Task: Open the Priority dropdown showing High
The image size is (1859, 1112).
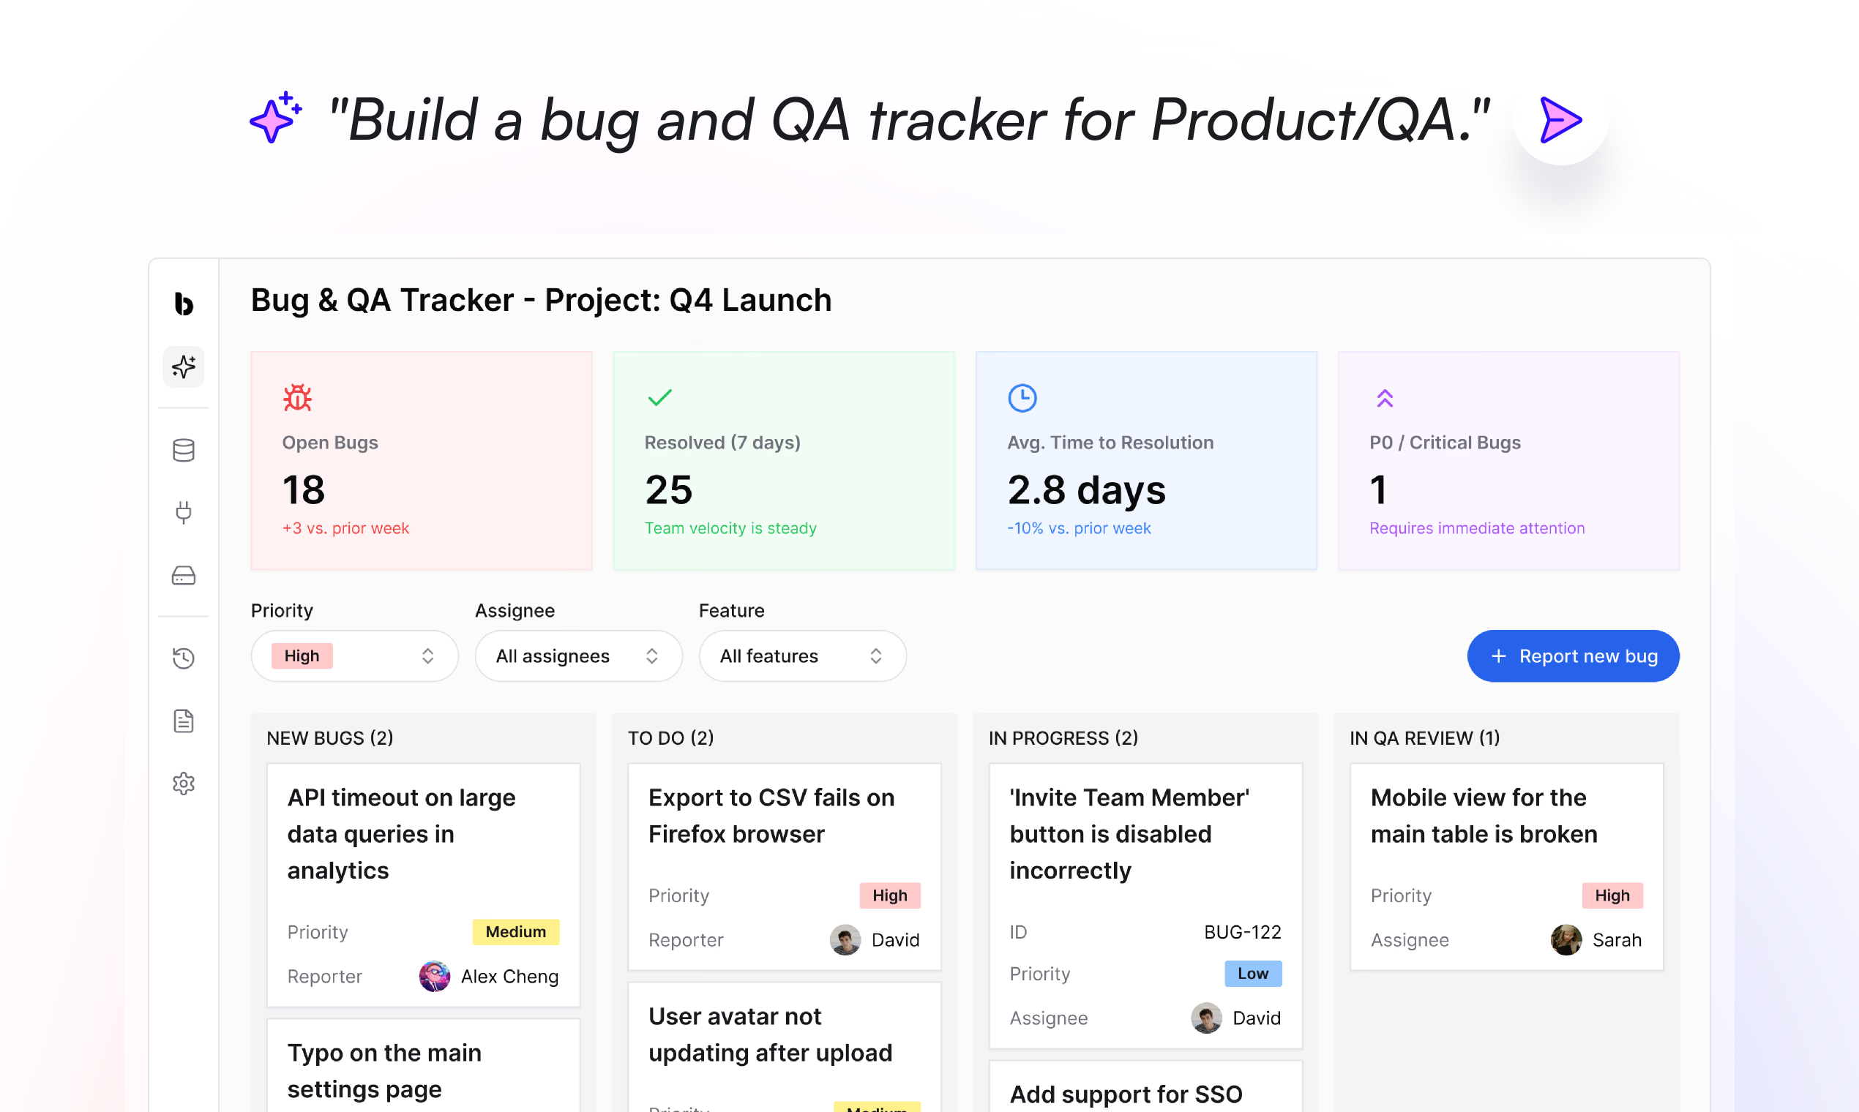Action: tap(354, 655)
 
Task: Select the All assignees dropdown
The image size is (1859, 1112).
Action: tap(577, 655)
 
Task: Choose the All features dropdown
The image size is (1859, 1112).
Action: tap(801, 655)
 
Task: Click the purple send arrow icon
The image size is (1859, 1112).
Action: tap(1560, 119)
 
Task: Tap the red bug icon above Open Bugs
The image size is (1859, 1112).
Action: tap(298, 398)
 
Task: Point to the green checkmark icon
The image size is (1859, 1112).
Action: tap(659, 397)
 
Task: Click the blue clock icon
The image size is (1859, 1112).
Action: tap(1022, 398)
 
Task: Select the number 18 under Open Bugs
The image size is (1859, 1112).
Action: tap(304, 490)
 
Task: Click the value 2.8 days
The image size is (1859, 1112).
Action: tap(1086, 490)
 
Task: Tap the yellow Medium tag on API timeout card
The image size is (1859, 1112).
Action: tap(516, 931)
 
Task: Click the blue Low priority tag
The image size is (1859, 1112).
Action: tap(1252, 974)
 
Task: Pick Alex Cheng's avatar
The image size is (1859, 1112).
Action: tap(435, 977)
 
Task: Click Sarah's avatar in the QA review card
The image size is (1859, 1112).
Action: tap(1566, 939)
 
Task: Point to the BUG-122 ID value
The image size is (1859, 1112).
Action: tap(1242, 932)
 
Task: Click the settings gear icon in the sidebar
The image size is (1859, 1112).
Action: tap(184, 784)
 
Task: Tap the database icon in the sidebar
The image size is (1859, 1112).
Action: tap(184, 451)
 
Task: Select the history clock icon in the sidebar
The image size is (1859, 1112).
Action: tap(184, 658)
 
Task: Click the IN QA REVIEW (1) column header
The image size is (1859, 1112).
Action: tap(1424, 738)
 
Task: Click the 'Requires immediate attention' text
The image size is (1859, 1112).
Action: tap(1477, 528)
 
